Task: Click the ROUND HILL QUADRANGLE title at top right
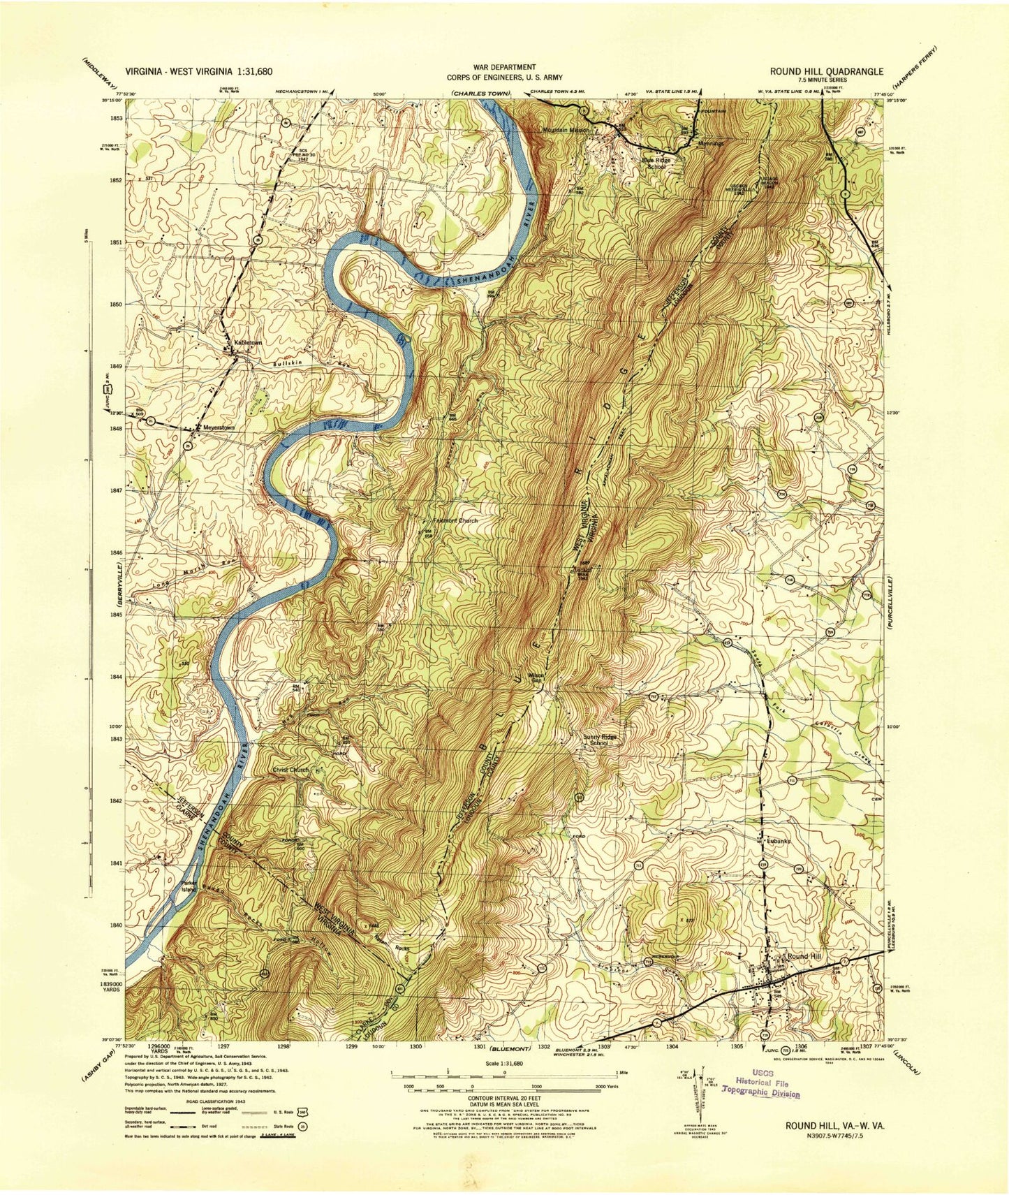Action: (x=827, y=71)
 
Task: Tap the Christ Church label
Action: (x=290, y=770)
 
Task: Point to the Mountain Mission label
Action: (x=566, y=130)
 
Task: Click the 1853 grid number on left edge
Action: (x=115, y=118)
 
